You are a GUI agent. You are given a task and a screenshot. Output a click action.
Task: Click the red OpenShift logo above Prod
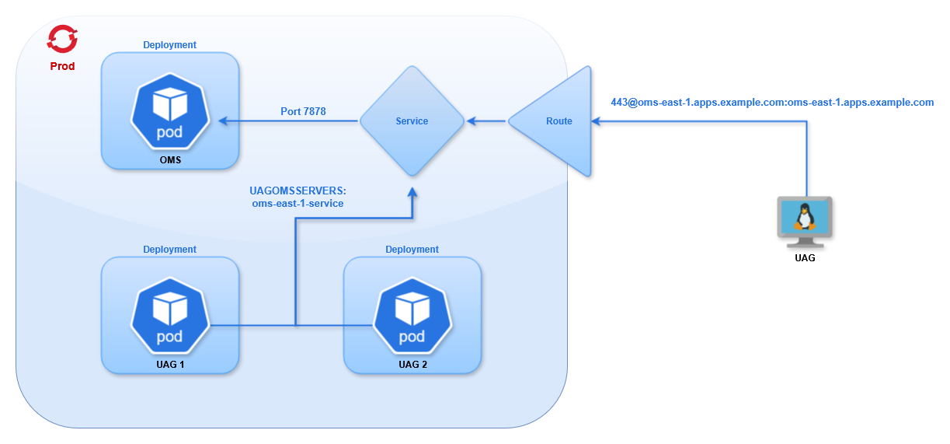(62, 39)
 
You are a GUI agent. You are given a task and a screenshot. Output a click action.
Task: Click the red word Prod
(62, 66)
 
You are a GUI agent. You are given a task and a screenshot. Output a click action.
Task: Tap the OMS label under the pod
(169, 160)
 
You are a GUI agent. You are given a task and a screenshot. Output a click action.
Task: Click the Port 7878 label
(303, 111)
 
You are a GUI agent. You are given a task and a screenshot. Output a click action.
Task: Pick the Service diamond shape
(412, 121)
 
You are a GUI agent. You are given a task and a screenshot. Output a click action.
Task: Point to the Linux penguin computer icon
(805, 218)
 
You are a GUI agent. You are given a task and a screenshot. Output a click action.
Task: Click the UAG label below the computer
(805, 257)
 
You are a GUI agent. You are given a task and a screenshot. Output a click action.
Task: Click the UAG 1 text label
(169, 364)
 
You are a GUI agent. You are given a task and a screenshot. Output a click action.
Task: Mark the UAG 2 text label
(412, 364)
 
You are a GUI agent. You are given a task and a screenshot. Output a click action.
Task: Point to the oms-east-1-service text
(298, 203)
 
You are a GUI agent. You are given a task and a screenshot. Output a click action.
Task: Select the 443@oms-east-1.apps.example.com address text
(772, 102)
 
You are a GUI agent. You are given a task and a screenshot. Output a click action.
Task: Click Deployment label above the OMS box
(169, 45)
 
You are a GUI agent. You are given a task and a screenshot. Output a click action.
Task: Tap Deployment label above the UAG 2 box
(412, 250)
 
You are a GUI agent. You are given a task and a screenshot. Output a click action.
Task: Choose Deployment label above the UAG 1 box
(169, 250)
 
